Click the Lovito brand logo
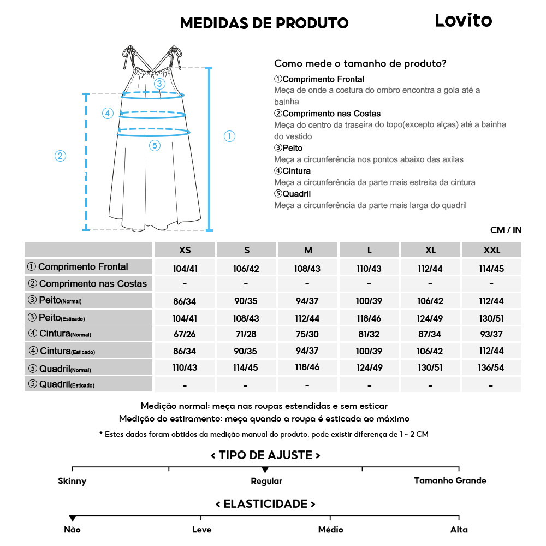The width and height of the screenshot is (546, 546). (x=463, y=21)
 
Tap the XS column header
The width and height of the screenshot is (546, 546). (x=185, y=250)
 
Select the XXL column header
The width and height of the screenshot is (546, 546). (x=491, y=250)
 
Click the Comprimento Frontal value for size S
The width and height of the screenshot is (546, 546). (x=247, y=268)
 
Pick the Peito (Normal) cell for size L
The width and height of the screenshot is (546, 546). (x=369, y=301)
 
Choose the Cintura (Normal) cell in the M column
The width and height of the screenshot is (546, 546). (x=308, y=334)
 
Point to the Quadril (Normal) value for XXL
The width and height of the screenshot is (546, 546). (x=491, y=367)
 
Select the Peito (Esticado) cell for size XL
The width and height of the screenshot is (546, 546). (x=430, y=318)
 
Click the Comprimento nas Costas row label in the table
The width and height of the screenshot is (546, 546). (x=88, y=284)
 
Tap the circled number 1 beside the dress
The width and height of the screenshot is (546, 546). (x=230, y=136)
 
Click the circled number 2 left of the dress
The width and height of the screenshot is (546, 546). (x=60, y=156)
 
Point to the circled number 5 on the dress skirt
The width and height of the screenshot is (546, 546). (x=155, y=145)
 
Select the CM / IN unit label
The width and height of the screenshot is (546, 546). (x=506, y=230)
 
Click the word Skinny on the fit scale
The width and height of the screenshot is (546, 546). (x=72, y=481)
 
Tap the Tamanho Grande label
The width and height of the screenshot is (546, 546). (x=450, y=480)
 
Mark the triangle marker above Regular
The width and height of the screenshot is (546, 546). (x=265, y=470)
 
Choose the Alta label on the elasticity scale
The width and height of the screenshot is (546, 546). (x=459, y=530)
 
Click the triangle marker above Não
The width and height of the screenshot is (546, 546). (x=72, y=518)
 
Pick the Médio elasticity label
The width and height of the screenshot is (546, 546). (x=331, y=530)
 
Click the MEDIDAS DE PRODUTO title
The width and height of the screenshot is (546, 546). (x=264, y=23)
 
